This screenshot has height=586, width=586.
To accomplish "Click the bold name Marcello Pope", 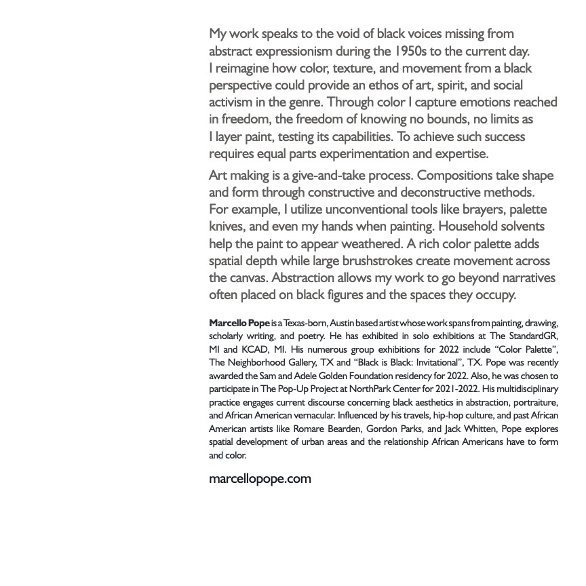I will (239, 323).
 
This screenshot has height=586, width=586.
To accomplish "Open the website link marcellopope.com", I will (260, 479).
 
